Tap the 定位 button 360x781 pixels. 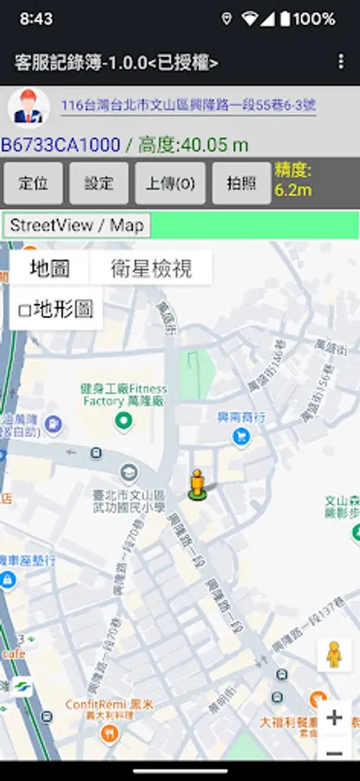33,183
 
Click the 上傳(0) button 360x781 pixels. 170,183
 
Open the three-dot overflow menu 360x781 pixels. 340,62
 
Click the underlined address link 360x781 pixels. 188,106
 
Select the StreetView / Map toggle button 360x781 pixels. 76,225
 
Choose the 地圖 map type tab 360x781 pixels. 49,268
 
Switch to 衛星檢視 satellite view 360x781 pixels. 151,268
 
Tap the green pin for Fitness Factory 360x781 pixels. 124,422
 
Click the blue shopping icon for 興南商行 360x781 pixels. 242,436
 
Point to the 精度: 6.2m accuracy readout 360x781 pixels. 293,180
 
